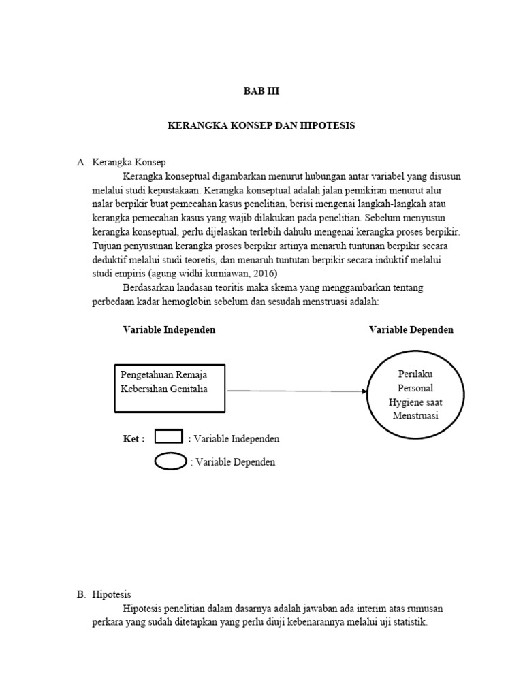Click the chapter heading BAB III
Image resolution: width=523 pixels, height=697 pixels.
pyautogui.click(x=261, y=91)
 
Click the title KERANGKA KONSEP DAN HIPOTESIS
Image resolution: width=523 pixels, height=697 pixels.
pyautogui.click(x=261, y=126)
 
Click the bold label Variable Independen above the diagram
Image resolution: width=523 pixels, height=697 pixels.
pyautogui.click(x=169, y=329)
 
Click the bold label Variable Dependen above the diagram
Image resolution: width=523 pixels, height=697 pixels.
pyautogui.click(x=411, y=329)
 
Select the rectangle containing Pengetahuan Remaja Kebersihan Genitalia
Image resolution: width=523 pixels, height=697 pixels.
pyautogui.click(x=170, y=389)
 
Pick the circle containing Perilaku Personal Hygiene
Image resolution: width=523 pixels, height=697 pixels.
pyautogui.click(x=415, y=395)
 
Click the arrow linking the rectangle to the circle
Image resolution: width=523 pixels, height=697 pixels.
pyautogui.click(x=296, y=391)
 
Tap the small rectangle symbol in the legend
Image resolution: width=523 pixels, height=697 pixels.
pyautogui.click(x=168, y=436)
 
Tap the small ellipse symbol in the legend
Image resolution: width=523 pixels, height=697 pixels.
pyautogui.click(x=171, y=461)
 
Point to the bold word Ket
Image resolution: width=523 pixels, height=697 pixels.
pyautogui.click(x=133, y=439)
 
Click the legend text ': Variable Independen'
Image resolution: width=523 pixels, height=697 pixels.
pyautogui.click(x=234, y=439)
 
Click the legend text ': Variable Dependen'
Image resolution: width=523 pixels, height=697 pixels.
pyautogui.click(x=233, y=462)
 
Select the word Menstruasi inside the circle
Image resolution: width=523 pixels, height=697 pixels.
pyautogui.click(x=415, y=415)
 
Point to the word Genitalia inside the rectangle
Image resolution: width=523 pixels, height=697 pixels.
pyautogui.click(x=186, y=389)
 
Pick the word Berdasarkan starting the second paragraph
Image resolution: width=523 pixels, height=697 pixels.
pyautogui.click(x=150, y=288)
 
